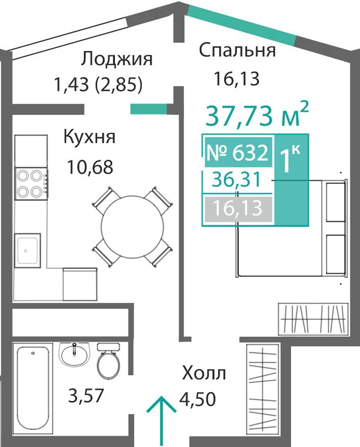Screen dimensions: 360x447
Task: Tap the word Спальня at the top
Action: (237, 50)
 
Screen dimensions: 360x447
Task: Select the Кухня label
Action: (89, 138)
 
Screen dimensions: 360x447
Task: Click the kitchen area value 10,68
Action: (90, 167)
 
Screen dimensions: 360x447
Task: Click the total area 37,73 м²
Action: (257, 115)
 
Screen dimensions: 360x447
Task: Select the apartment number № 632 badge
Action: (238, 152)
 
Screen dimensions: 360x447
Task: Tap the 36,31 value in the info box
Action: (237, 181)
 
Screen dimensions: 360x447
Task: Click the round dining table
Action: (132, 227)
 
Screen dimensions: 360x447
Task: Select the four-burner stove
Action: (31, 183)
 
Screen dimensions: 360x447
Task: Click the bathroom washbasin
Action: (74, 354)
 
